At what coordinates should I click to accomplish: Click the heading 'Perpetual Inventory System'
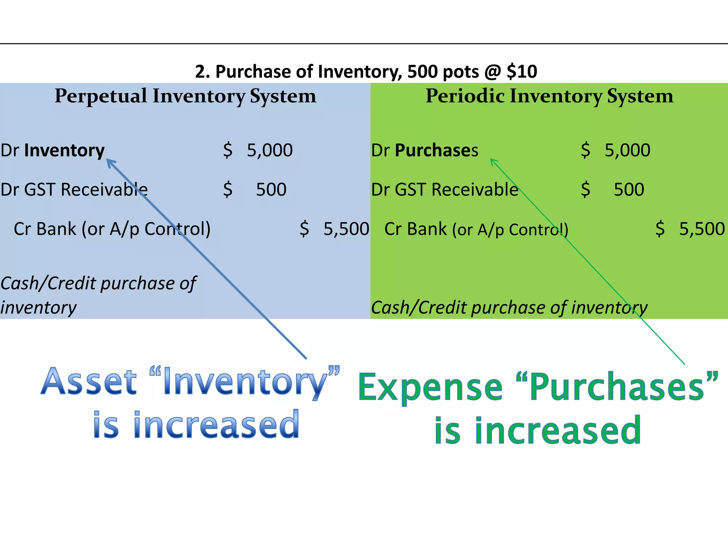point(185,96)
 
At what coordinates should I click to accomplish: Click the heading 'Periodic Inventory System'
point(549,96)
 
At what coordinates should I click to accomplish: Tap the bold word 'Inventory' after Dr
point(64,150)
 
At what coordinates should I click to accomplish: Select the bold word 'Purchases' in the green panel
point(436,150)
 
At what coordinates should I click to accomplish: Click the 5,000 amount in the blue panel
point(269,150)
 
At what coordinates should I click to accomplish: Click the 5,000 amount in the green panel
point(627,150)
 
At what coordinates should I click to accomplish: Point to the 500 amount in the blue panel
point(271,189)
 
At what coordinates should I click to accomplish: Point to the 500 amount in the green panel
point(629,189)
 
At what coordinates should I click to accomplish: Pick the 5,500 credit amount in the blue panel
point(346,229)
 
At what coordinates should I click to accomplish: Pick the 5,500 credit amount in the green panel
point(702,229)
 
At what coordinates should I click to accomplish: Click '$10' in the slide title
point(522,71)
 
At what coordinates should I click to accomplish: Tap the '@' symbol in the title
point(492,71)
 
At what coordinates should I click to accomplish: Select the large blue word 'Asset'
point(89,382)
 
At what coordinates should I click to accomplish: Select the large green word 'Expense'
point(430,387)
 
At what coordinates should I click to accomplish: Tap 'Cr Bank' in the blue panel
point(44,229)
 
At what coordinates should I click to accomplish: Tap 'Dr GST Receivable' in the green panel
point(444,189)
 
